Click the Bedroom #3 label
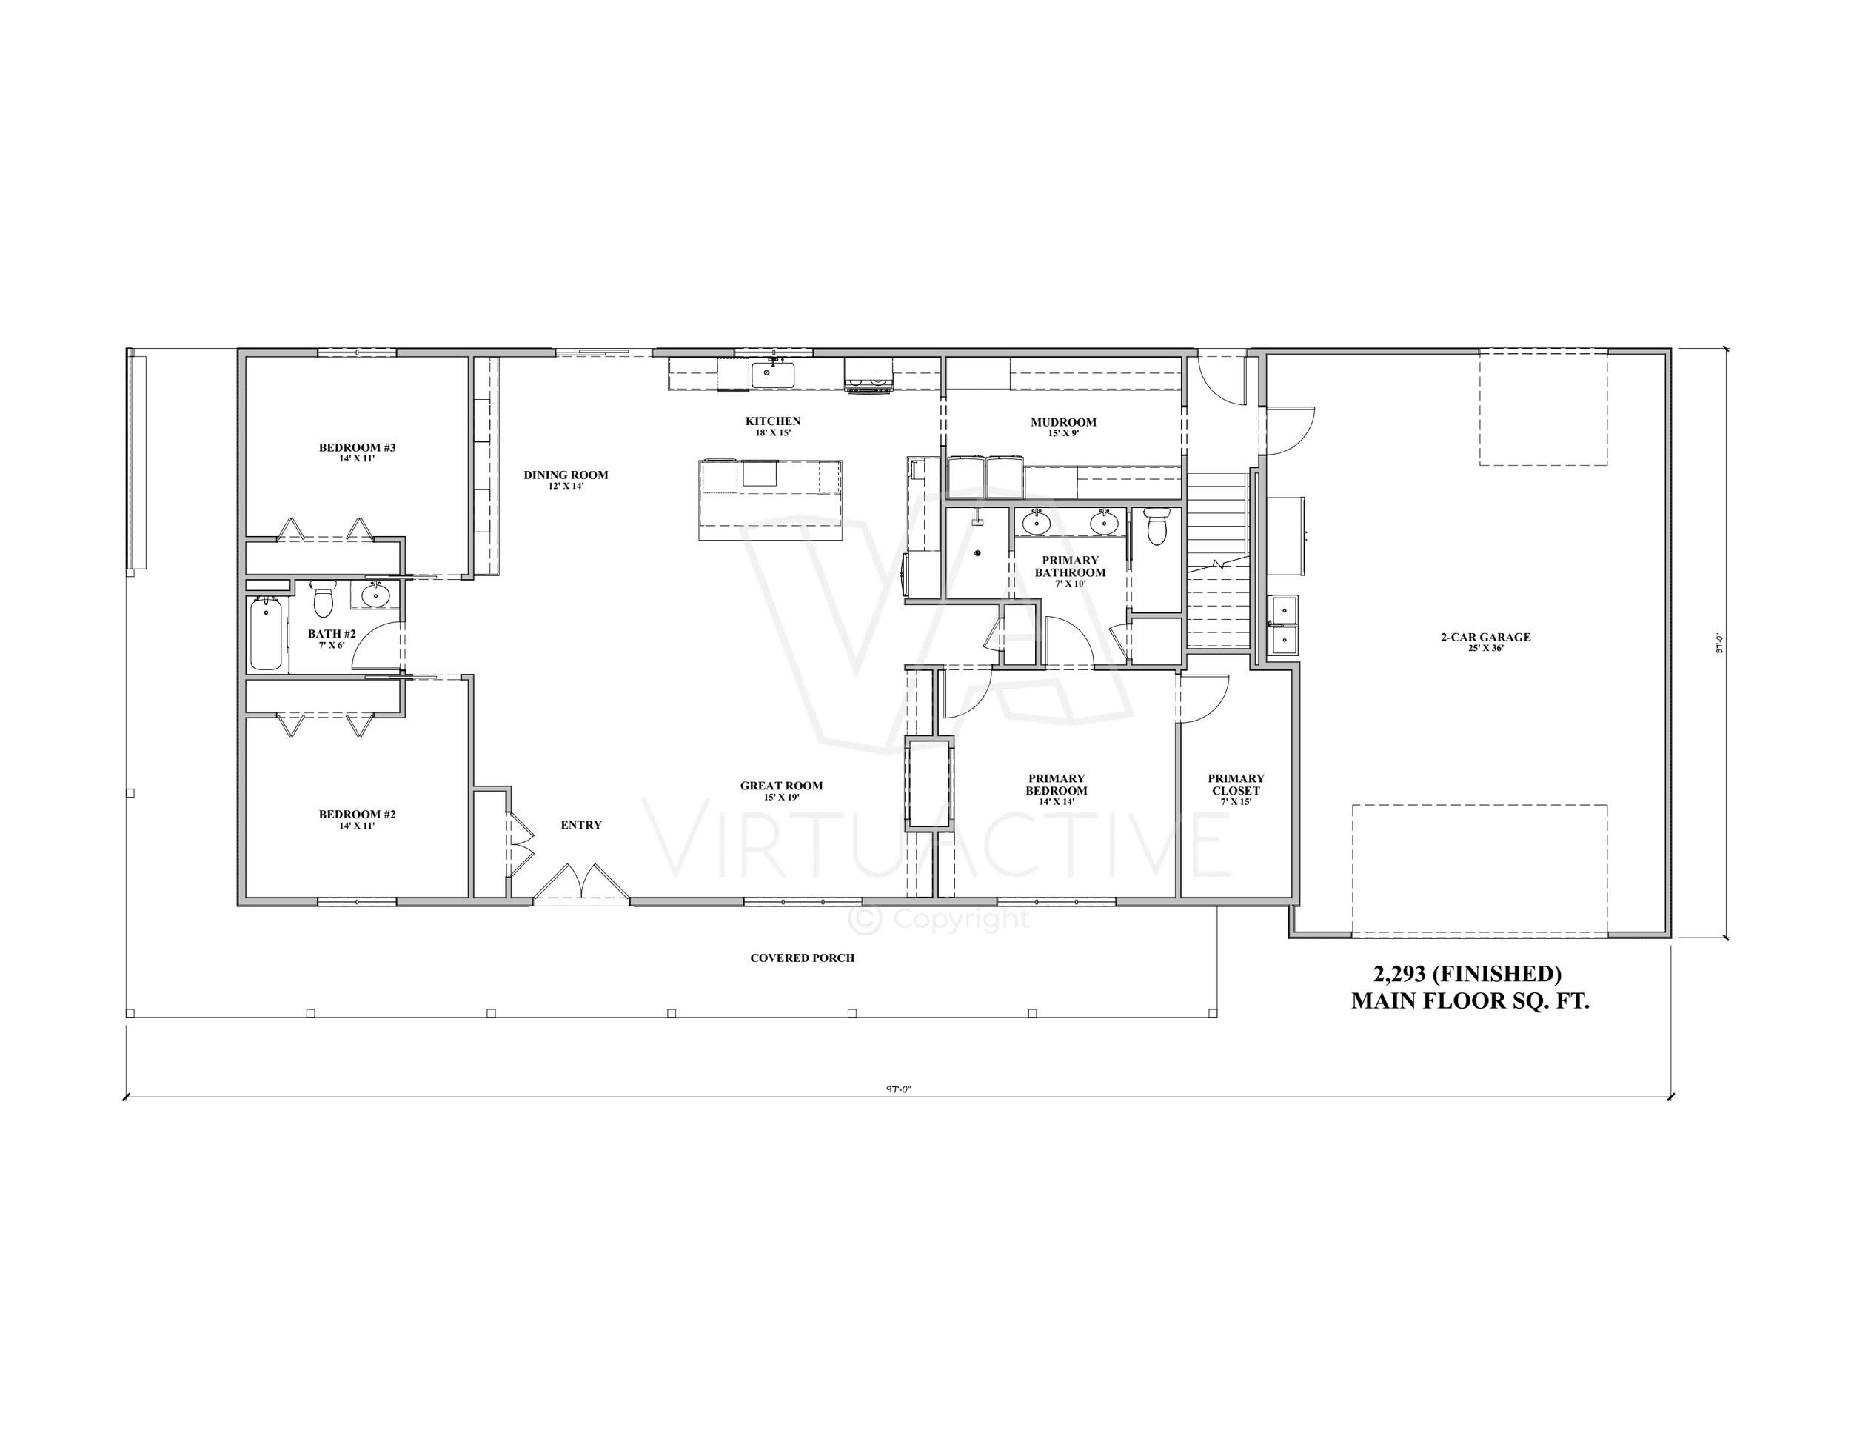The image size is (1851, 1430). pyautogui.click(x=357, y=447)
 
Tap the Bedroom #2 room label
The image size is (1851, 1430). pyautogui.click(x=357, y=815)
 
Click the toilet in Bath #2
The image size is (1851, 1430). pyautogui.click(x=322, y=598)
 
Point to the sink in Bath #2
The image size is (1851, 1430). pyautogui.click(x=375, y=595)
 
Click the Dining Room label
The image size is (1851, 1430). pyautogui.click(x=566, y=475)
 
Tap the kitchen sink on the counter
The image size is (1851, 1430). pyautogui.click(x=772, y=374)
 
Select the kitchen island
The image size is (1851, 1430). pyautogui.click(x=771, y=499)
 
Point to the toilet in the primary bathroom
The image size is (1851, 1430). pyautogui.click(x=1156, y=526)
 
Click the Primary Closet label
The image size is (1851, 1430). pyautogui.click(x=1236, y=784)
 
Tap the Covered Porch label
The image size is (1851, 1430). pyautogui.click(x=802, y=958)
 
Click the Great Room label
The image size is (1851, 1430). pyautogui.click(x=780, y=786)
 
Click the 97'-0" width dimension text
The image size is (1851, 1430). pyautogui.click(x=897, y=1090)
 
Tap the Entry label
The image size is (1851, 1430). pyautogui.click(x=580, y=825)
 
